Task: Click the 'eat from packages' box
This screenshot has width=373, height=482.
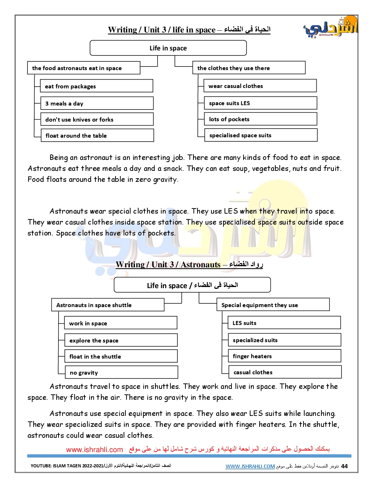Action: [97, 86]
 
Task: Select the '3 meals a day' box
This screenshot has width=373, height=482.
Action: [97, 103]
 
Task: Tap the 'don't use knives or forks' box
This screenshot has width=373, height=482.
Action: [97, 119]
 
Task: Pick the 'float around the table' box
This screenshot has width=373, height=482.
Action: [97, 135]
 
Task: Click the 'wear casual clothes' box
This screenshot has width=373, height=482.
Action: [260, 86]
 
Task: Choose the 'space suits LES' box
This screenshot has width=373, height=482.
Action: [260, 103]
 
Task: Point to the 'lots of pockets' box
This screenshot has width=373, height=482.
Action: [260, 119]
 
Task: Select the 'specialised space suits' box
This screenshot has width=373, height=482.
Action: [261, 135]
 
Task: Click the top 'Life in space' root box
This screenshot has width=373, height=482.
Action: [168, 48]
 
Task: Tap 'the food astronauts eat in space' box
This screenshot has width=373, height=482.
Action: [84, 68]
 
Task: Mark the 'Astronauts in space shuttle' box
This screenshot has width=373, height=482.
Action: [108, 305]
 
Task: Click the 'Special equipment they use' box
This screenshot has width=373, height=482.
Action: [273, 305]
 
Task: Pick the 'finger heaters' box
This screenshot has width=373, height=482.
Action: [285, 356]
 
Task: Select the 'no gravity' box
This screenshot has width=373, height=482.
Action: [121, 372]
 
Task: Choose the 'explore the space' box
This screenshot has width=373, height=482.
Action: [121, 340]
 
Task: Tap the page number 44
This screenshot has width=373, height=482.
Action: [344, 466]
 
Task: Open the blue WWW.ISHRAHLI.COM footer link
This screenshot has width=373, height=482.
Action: [250, 466]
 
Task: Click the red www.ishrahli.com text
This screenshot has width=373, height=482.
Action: [94, 450]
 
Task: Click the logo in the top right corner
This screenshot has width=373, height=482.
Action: [331, 27]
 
